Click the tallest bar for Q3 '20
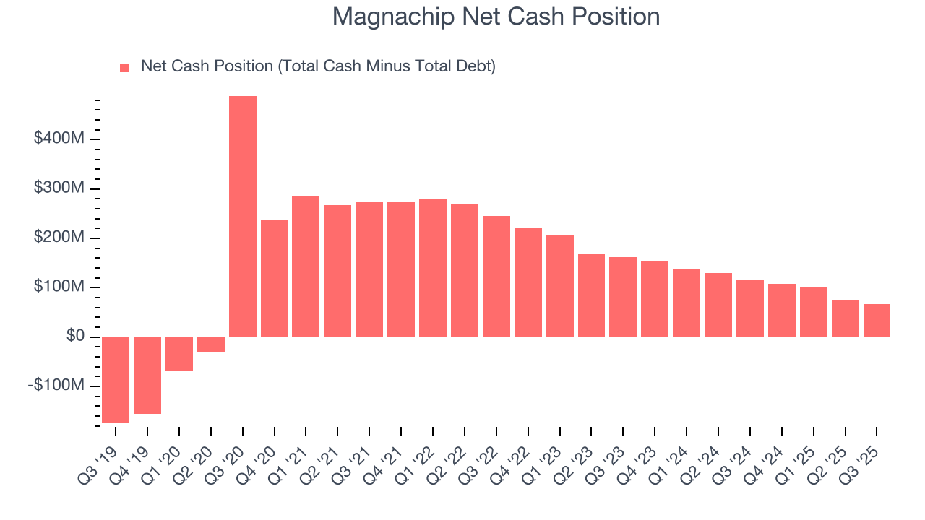pos(242,217)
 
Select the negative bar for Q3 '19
pos(116,380)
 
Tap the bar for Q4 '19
pos(147,375)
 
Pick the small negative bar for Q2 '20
pos(211,344)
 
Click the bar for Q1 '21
pos(306,266)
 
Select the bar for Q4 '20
pos(274,278)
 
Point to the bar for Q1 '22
pos(433,267)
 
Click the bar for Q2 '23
pos(591,295)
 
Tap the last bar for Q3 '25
pos(877,320)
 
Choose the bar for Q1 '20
pos(179,353)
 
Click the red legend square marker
pos(124,68)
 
